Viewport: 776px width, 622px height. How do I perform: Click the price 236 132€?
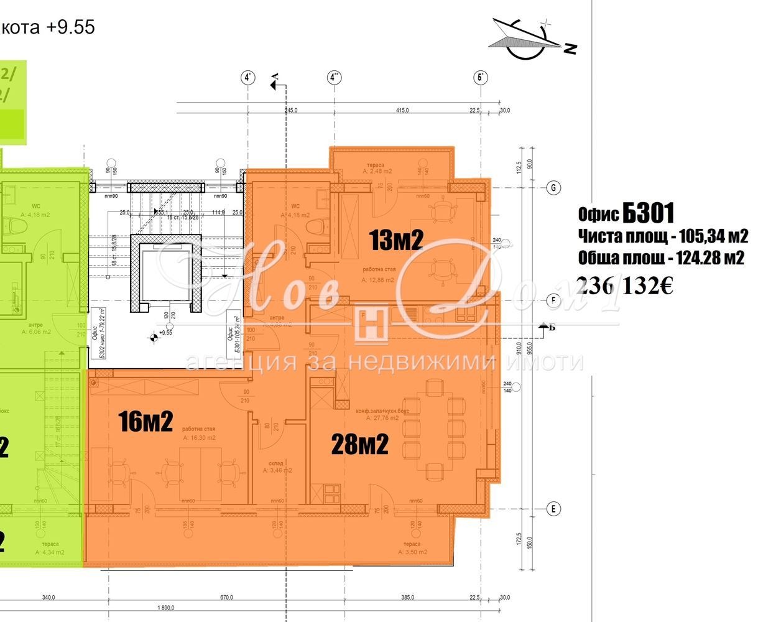[626, 285]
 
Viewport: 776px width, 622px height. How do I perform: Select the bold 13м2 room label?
[396, 239]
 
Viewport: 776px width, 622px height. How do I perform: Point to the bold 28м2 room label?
[360, 444]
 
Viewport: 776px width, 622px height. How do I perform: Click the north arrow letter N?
[570, 48]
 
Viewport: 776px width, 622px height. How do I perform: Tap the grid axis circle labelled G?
[552, 188]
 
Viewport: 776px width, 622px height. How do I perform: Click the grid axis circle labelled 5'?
[480, 78]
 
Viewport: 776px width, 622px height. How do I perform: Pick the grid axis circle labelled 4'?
[248, 78]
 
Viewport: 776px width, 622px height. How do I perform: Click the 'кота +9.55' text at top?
[48, 27]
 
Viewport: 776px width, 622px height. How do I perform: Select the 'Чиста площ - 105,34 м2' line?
[662, 236]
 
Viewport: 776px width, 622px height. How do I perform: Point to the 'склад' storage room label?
[277, 463]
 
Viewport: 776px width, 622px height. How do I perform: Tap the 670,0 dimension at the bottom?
[227, 597]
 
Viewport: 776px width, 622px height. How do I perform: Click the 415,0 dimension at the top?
[402, 110]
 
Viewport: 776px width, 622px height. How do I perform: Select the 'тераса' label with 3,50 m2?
[410, 544]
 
